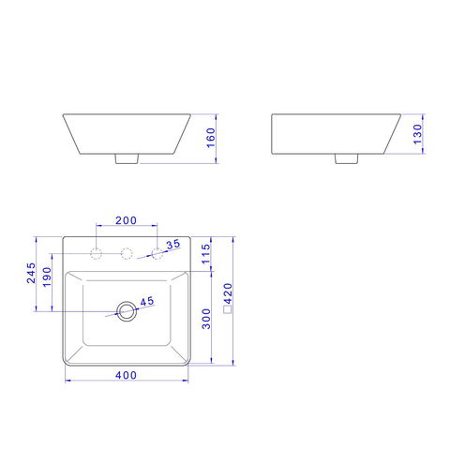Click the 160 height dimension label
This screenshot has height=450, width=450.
[211, 138]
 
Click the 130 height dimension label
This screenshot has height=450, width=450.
[417, 134]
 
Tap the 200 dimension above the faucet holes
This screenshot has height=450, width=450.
[126, 220]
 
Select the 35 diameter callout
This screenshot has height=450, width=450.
[173, 244]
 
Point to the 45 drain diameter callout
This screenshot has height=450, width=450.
[147, 302]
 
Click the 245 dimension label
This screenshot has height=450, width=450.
[31, 273]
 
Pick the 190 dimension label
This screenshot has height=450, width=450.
[47, 277]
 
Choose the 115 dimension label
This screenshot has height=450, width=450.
[205, 254]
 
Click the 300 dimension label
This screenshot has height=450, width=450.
[206, 319]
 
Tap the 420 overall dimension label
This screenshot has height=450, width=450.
[228, 293]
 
